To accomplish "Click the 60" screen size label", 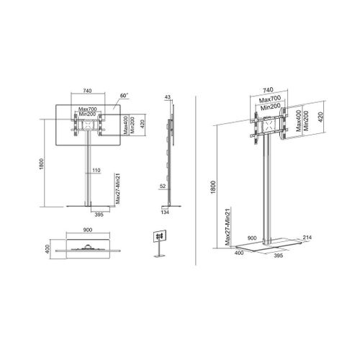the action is [x=125, y=95].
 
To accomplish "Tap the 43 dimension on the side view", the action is [x=168, y=97].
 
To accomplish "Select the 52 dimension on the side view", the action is [x=163, y=186].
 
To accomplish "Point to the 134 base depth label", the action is [x=165, y=212].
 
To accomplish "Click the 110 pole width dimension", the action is [x=96, y=170].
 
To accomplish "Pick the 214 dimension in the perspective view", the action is [x=307, y=238].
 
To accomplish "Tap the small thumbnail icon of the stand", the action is [x=160, y=244].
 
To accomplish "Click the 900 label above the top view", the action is [x=88, y=230].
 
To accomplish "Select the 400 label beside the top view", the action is [x=48, y=249].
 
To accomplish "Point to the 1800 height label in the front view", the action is [x=42, y=164].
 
